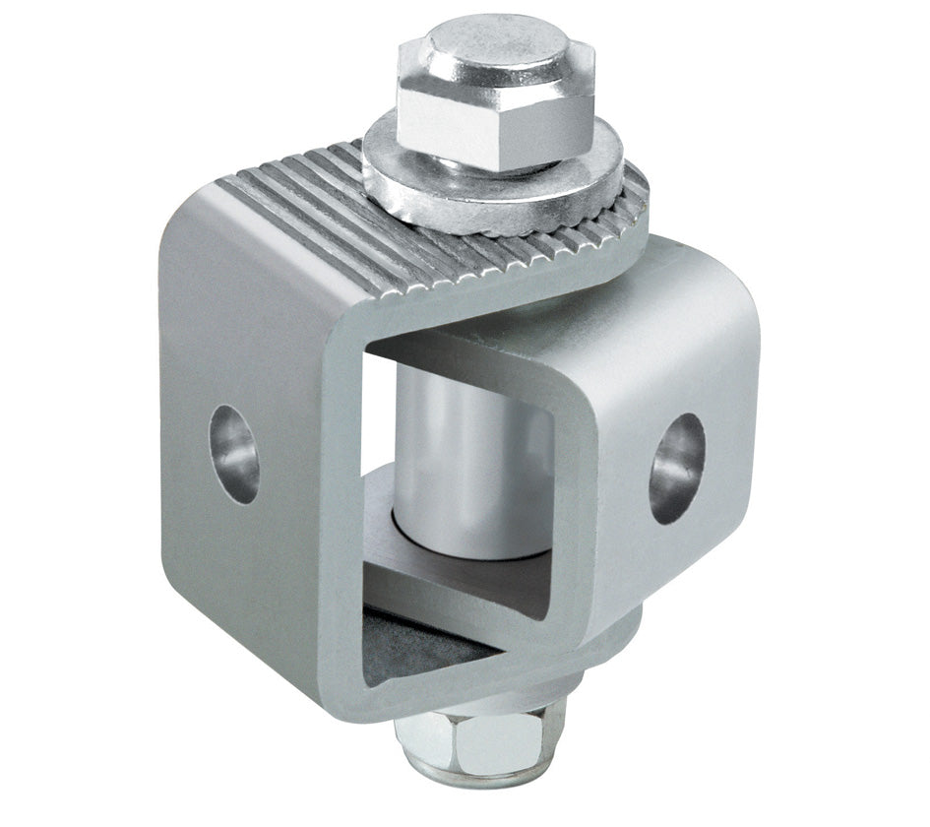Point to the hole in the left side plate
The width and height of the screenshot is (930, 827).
[x=234, y=454]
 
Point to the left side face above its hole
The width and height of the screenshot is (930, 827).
[x=236, y=325]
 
